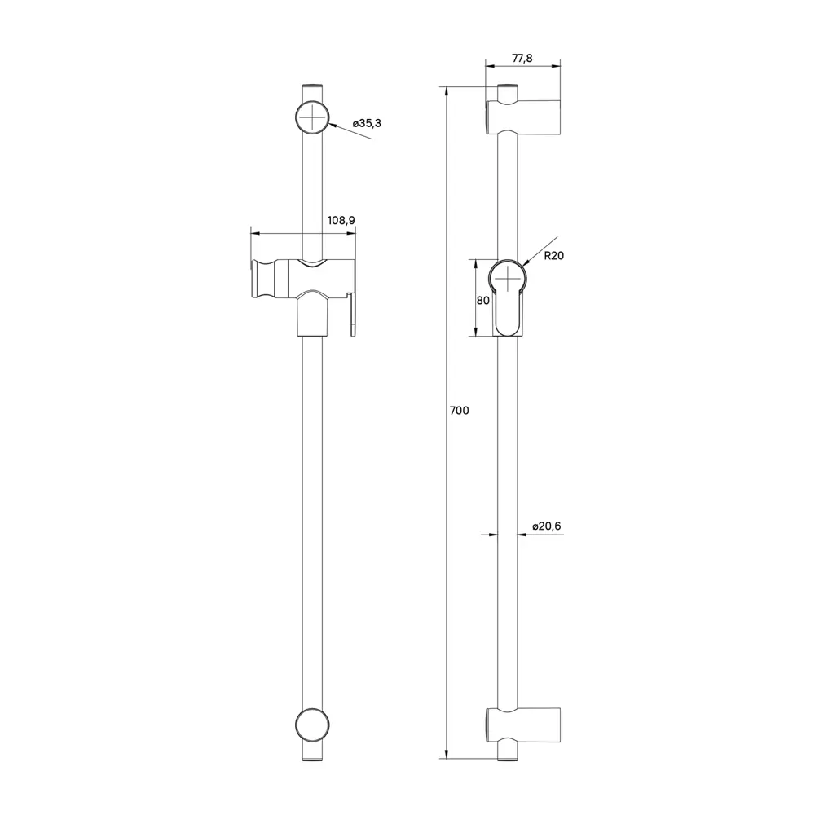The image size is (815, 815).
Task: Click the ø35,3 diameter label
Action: tap(367, 123)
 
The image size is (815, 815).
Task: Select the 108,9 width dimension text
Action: tap(341, 221)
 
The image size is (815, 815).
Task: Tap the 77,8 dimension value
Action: tap(522, 59)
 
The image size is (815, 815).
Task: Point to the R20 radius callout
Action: tap(554, 255)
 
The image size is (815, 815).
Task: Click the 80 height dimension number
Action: tap(482, 300)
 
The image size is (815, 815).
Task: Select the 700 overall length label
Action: tap(459, 412)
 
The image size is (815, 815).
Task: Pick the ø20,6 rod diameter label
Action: tap(546, 526)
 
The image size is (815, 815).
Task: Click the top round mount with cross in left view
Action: tap(314, 117)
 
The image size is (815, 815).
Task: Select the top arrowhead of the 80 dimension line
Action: tap(476, 262)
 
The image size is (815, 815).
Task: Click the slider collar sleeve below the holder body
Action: tap(314, 318)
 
